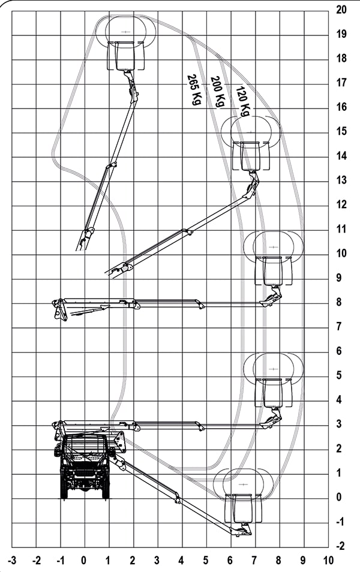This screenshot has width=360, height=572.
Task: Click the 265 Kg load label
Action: pyautogui.click(x=194, y=90)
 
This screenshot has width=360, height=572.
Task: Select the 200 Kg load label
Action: pyautogui.click(x=218, y=92)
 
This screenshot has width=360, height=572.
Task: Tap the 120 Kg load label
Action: pyautogui.click(x=243, y=101)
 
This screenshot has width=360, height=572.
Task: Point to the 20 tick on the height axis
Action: pyautogui.click(x=341, y=10)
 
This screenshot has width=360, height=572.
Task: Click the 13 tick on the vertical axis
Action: pyautogui.click(x=341, y=180)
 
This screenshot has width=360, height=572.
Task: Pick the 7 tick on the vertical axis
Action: pyautogui.click(x=340, y=326)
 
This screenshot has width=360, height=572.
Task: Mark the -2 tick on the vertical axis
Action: pyautogui.click(x=340, y=546)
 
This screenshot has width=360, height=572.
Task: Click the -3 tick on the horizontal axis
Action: pyautogui.click(x=12, y=560)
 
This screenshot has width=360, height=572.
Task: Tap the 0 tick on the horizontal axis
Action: pyautogui.click(x=84, y=560)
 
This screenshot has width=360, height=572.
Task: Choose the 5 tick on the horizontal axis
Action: pyautogui.click(x=206, y=560)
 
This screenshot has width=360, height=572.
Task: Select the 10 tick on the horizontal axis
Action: pyautogui.click(x=328, y=560)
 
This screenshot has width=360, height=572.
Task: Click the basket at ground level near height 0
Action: pyautogui.click(x=243, y=508)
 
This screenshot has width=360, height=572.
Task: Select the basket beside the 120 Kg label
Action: pyautogui.click(x=251, y=156)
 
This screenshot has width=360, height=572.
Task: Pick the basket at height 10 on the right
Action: pyautogui.click(x=273, y=271)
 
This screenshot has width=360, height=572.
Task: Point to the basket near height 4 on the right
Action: pyautogui.click(x=273, y=393)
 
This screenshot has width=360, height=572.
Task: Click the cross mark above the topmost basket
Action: pyautogui.click(x=125, y=32)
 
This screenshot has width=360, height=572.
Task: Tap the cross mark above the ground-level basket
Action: pyautogui.click(x=243, y=484)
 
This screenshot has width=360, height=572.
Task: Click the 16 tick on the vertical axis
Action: pyautogui.click(x=341, y=107)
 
